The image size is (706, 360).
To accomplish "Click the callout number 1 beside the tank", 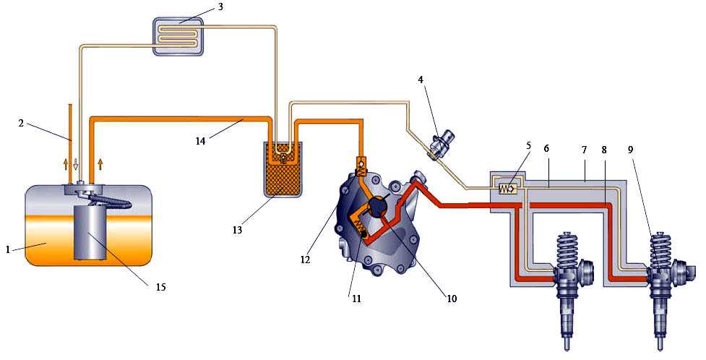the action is click(x=8, y=249).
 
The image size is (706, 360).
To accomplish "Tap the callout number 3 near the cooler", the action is click(x=220, y=8).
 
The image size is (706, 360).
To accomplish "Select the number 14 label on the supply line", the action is click(x=200, y=141).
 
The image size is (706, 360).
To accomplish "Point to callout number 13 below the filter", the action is click(x=237, y=230).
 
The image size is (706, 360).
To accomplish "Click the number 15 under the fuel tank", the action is click(x=160, y=287).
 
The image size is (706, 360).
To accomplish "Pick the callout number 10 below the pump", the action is click(x=451, y=299).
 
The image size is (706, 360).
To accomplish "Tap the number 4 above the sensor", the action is click(x=421, y=80).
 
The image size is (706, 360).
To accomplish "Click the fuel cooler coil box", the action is click(x=179, y=36).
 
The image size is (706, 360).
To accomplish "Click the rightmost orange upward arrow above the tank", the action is click(x=100, y=164).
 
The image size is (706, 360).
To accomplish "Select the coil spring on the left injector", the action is click(x=568, y=251).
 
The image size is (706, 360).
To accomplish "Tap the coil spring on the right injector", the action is click(x=660, y=251).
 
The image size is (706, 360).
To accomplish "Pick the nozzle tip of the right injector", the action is click(x=660, y=347).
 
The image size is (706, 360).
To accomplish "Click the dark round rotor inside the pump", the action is click(x=377, y=207).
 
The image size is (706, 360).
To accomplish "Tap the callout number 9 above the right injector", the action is click(x=630, y=150).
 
